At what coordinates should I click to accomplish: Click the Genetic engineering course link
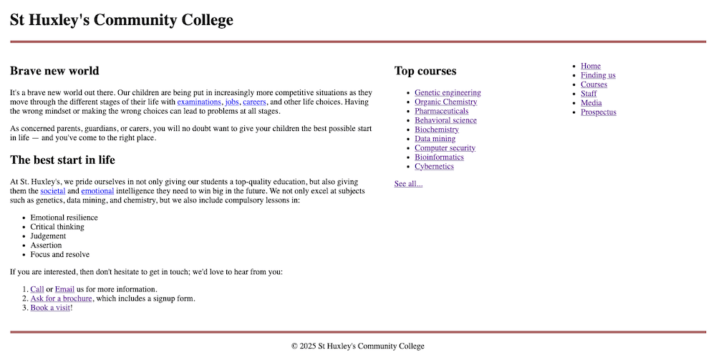[447, 92]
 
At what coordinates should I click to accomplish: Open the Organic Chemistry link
[445, 102]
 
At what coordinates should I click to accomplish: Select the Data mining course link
[435, 139]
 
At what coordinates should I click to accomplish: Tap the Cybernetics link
[434, 167]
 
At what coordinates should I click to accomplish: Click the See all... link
[408, 184]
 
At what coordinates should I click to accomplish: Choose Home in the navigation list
[591, 66]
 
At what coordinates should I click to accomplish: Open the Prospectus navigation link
[598, 112]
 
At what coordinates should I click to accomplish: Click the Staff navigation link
[589, 94]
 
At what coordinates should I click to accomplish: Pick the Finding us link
[598, 75]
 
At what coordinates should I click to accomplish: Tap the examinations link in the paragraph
[199, 102]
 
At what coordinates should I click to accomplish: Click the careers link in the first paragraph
[254, 102]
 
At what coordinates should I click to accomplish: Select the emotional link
[97, 192]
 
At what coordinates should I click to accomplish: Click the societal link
[53, 192]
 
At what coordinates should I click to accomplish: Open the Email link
[64, 289]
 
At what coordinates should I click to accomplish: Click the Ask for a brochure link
[61, 298]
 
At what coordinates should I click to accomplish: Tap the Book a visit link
[50, 308]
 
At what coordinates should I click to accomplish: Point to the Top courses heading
[425, 71]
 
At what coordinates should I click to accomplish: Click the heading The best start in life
[62, 160]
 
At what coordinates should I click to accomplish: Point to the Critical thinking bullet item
[57, 227]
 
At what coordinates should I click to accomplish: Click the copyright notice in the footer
[358, 346]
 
